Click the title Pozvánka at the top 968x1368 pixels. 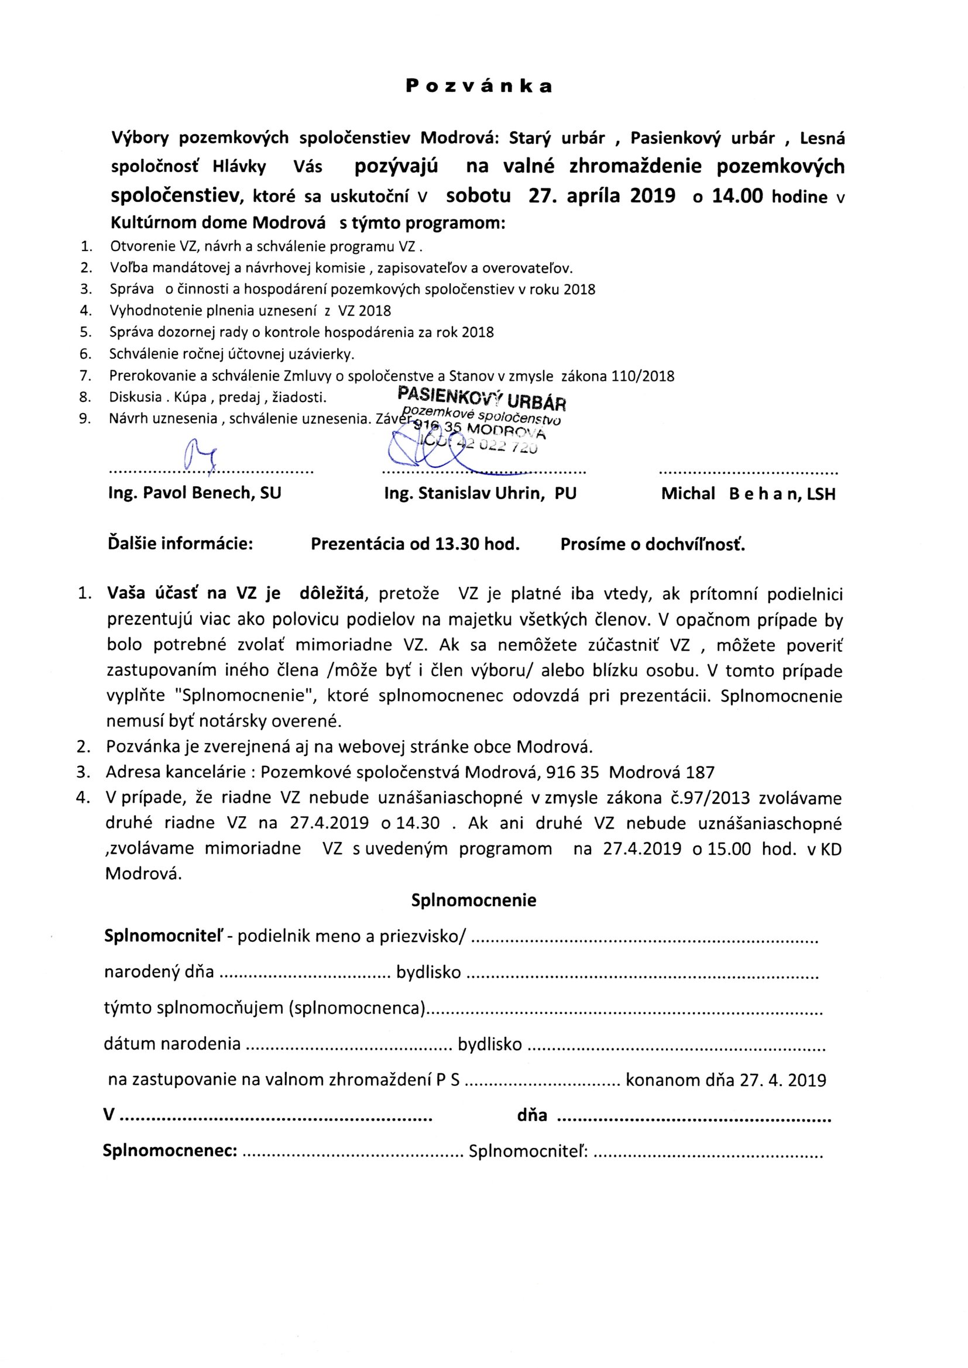(479, 87)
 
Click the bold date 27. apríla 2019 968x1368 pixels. (602, 196)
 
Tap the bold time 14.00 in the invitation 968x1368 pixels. (737, 196)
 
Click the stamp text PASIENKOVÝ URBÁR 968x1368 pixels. (482, 397)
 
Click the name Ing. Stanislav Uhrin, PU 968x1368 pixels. (480, 493)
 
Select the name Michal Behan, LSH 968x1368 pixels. (748, 493)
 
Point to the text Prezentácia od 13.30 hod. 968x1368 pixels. (415, 544)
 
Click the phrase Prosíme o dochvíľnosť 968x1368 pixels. (653, 544)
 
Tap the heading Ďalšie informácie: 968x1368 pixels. (180, 544)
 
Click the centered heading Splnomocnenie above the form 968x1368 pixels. (474, 900)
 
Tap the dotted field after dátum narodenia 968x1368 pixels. (349, 1044)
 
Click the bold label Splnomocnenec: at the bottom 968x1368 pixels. (170, 1151)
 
